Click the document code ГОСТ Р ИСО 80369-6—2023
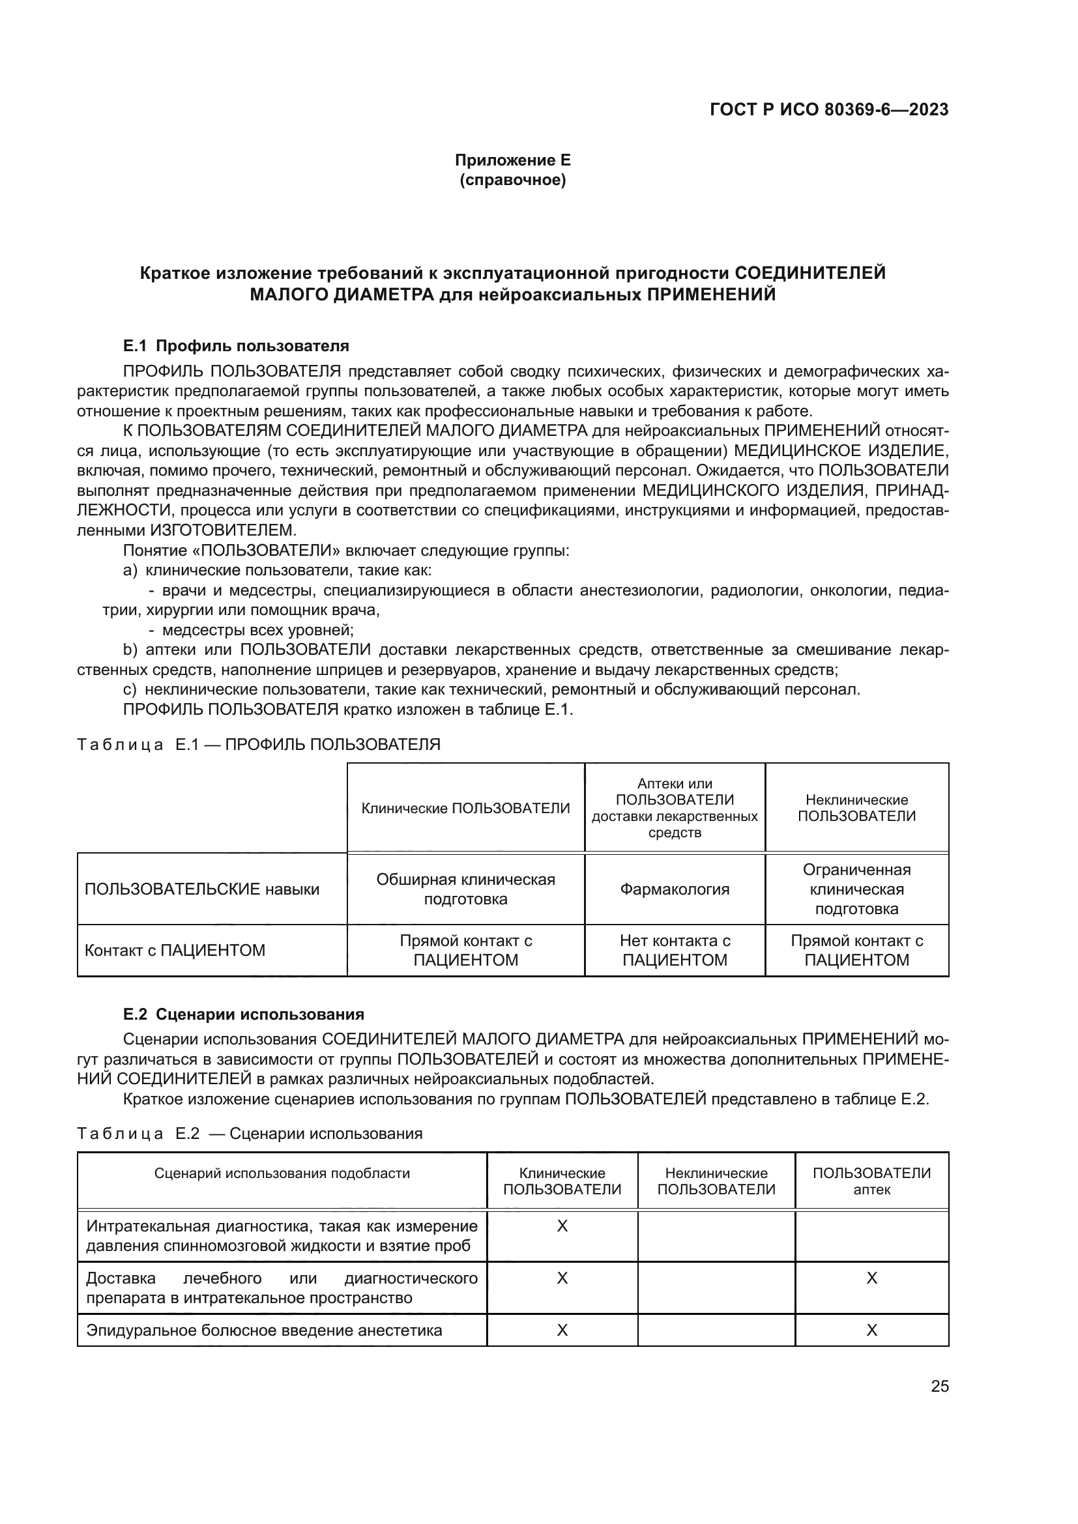828,109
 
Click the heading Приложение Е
512,160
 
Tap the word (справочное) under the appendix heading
512,180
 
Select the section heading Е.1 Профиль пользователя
236,346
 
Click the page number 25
939,1386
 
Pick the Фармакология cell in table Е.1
675,889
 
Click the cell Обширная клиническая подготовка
465,889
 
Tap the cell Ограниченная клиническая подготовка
856,889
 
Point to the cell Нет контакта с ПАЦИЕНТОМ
675,951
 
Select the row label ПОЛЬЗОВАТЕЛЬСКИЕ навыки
202,889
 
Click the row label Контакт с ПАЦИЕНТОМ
175,951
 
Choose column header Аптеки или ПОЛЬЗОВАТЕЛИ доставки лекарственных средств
675,808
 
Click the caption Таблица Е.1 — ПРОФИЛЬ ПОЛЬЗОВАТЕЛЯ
258,744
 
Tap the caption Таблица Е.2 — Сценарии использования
250,1133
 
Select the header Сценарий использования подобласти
282,1173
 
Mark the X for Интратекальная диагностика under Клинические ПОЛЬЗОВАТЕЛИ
562,1226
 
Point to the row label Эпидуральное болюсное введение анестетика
264,1330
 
